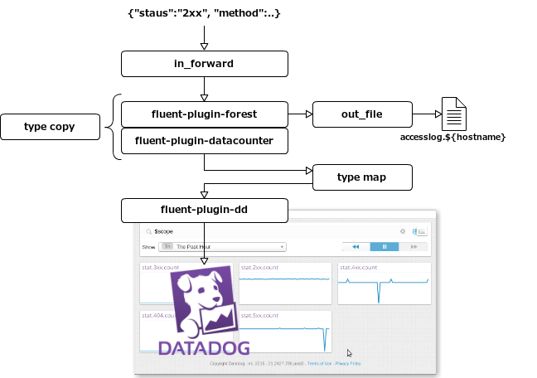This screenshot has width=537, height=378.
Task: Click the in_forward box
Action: (205, 64)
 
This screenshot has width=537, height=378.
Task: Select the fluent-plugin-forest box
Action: (205, 114)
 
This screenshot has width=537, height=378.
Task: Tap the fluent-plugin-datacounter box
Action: (205, 141)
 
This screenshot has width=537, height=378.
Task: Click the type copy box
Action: (50, 127)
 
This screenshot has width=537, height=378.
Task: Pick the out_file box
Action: (362, 114)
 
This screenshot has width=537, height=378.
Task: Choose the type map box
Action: (362, 177)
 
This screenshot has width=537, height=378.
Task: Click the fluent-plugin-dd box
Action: (205, 211)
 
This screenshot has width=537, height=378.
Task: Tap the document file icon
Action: (454, 114)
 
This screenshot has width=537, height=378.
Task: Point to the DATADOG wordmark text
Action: (204, 346)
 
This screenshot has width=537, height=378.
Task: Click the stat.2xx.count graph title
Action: (260, 268)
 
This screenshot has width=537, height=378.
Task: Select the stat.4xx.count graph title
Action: (359, 268)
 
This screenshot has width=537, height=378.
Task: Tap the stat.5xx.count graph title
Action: (260, 316)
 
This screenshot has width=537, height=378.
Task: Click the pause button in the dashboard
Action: (385, 246)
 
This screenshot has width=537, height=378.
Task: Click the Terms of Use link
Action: (320, 363)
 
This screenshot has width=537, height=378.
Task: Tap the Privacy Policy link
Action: (348, 363)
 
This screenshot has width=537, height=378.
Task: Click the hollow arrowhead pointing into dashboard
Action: (205, 261)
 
